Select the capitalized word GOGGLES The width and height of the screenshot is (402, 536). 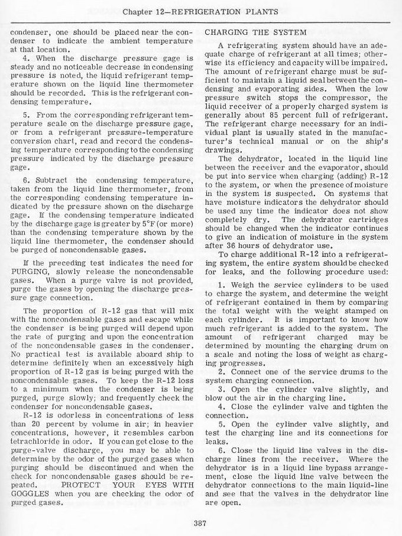(31, 495)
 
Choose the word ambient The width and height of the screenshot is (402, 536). (131, 42)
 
